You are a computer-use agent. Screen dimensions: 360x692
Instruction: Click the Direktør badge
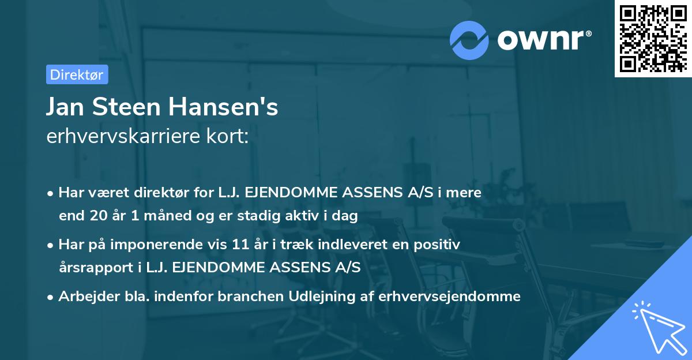77,74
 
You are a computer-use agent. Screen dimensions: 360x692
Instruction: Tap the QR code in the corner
652,38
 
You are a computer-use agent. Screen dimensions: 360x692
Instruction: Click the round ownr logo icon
469,40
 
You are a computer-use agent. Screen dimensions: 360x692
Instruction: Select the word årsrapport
92,268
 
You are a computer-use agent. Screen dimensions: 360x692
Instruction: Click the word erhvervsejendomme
449,297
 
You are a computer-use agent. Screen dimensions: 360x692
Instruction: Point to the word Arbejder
84,297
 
